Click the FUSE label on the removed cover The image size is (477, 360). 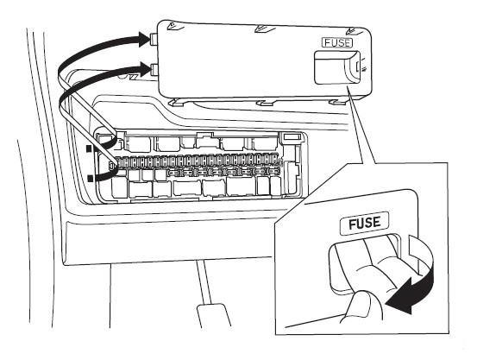pyautogui.click(x=337, y=42)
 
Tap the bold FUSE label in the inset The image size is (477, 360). pyautogui.click(x=365, y=223)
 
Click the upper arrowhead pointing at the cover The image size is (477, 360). pyautogui.click(x=145, y=40)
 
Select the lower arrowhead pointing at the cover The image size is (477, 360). pyautogui.click(x=144, y=68)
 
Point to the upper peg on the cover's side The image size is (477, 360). pyautogui.click(x=154, y=39)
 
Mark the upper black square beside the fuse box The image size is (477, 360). pyautogui.click(x=89, y=148)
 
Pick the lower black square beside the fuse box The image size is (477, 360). pyautogui.click(x=89, y=179)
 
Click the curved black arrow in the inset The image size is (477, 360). pyautogui.click(x=417, y=283)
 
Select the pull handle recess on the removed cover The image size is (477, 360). pyautogui.click(x=337, y=67)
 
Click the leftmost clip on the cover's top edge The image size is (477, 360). pyautogui.click(x=175, y=27)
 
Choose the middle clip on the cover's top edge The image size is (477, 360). pyautogui.click(x=264, y=28)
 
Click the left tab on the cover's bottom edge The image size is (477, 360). pyautogui.click(x=176, y=103)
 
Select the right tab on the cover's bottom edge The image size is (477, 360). pyautogui.click(x=337, y=102)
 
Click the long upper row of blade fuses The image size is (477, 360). pyautogui.click(x=198, y=161)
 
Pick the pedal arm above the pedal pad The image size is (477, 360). pyautogui.click(x=204, y=282)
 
